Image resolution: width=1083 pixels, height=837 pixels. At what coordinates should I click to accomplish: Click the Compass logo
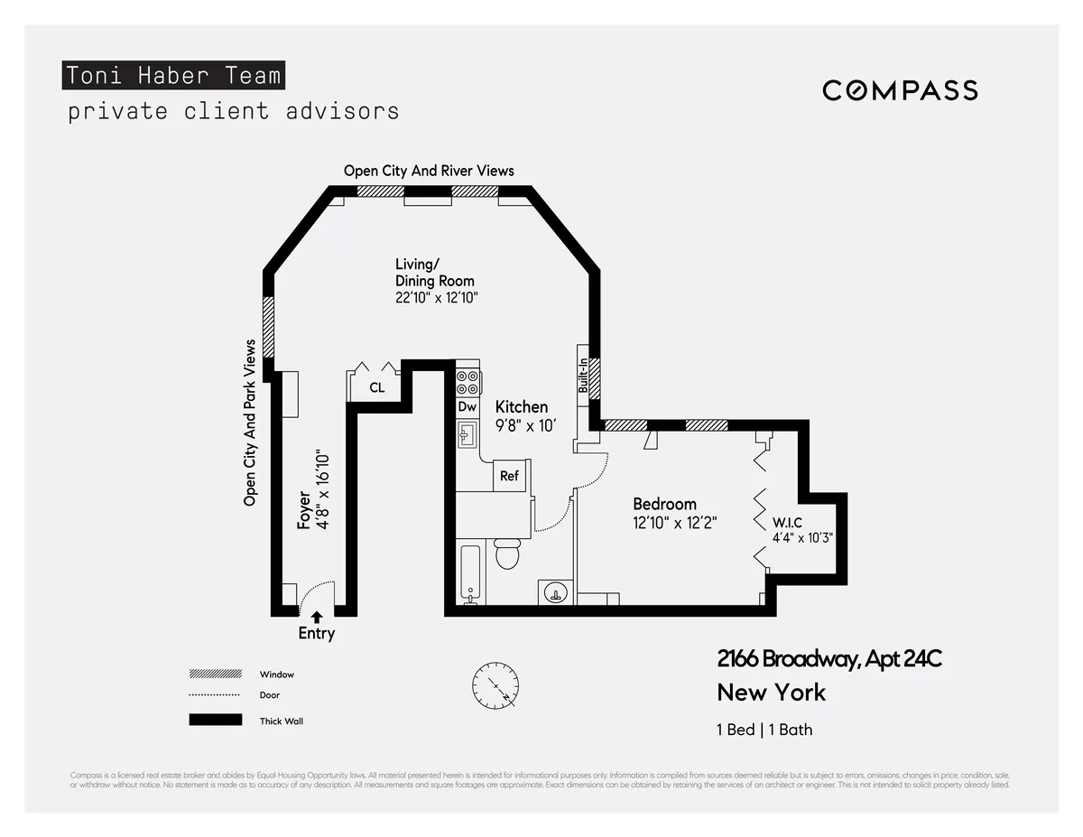point(900,90)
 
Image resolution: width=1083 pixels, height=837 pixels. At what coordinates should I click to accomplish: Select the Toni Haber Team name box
point(173,76)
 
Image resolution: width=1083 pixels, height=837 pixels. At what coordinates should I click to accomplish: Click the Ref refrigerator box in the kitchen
point(509,475)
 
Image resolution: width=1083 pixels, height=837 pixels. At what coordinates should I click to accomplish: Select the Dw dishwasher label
point(467,407)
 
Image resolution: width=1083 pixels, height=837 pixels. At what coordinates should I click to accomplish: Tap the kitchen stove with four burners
point(467,383)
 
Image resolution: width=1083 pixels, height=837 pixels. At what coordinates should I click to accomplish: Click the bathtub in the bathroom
point(471,573)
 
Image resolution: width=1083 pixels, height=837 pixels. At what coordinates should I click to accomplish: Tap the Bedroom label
point(664,504)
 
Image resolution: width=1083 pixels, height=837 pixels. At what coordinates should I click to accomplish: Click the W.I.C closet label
point(787,523)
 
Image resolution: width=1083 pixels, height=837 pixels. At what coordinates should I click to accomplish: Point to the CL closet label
point(377,388)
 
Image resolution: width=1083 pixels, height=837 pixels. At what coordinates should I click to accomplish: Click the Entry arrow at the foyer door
point(316,617)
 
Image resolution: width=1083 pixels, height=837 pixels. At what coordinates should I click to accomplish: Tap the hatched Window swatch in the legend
point(216,674)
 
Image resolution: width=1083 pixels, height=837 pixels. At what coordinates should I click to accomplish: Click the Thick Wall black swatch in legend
point(216,721)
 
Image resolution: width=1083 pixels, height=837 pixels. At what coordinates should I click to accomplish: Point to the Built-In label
point(583,375)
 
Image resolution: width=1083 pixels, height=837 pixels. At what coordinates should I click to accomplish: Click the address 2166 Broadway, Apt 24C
point(828,659)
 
